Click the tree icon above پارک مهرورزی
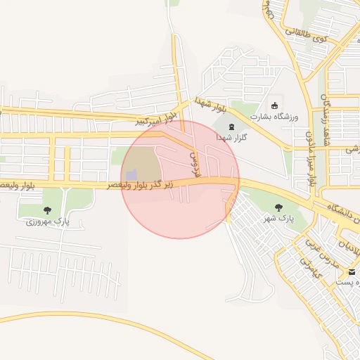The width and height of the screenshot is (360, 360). (x=47, y=210)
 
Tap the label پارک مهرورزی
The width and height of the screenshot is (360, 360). (x=49, y=221)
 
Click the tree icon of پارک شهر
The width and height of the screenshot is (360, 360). (x=278, y=207)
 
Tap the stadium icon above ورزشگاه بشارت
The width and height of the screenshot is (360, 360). (x=274, y=106)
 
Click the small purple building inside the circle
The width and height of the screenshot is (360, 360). (x=131, y=174)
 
